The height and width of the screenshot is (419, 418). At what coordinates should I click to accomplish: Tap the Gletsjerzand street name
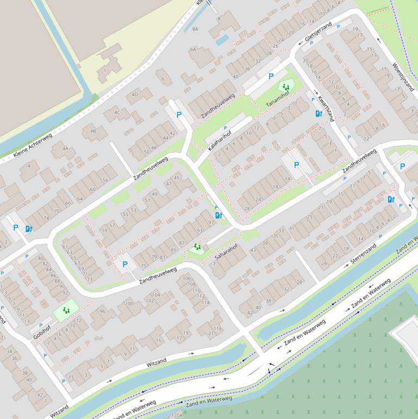tap(318, 32)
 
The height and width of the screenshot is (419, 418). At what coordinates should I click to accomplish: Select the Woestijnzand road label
tap(403, 77)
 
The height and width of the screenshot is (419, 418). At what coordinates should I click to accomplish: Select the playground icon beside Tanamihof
tap(285, 87)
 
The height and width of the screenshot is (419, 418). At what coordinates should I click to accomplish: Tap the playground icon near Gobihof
tap(66, 311)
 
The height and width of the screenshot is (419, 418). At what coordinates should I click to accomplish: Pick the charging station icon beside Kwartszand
tap(319, 114)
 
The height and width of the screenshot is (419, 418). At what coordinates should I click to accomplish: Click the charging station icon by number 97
tap(219, 215)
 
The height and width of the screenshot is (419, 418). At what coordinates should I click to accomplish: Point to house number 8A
tap(195, 28)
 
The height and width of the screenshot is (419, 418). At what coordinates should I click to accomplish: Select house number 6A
tap(193, 50)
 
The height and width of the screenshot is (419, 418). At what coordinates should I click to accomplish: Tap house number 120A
tap(176, 415)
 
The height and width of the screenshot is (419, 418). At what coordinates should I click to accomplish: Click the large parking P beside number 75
tap(125, 264)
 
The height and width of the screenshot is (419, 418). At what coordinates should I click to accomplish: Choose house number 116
tap(217, 329)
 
